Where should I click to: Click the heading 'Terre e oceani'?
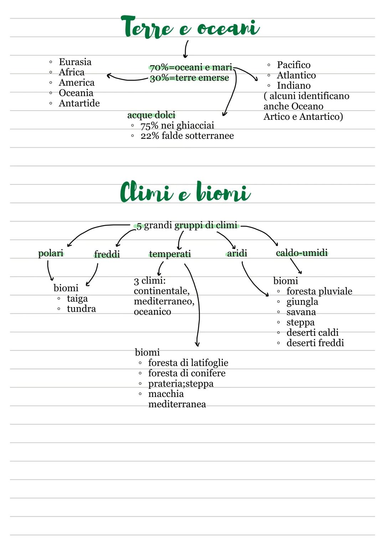pos(190,27)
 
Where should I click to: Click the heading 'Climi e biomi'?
pos(185,193)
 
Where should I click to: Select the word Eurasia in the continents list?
pos(75,62)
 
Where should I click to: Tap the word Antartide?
pos(79,103)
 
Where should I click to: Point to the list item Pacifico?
pos(293,65)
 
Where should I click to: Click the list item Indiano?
pos(293,86)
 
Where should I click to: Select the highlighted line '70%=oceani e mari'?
pos(191,67)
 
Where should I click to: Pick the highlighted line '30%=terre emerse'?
pos(189,78)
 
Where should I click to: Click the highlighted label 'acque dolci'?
pos(151,115)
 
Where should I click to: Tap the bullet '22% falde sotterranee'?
pos(187,136)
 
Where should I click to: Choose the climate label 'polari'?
pos(51,254)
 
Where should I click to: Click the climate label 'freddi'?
pos(107,254)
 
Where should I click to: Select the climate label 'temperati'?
pos(170,254)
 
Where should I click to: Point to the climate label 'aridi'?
pos(237,253)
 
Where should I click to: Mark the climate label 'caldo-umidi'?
pos(302,253)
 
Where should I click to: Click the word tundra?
pos(81,309)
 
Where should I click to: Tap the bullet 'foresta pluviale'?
pos(319,291)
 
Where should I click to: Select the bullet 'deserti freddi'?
pos(315,343)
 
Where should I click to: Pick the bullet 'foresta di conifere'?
pos(187,373)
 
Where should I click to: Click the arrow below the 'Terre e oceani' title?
pos(186,49)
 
